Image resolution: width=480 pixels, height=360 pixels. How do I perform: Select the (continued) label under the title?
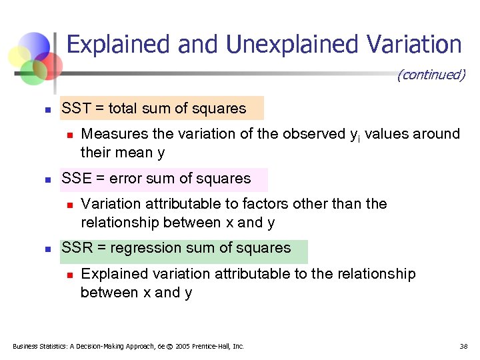pyautogui.click(x=431, y=75)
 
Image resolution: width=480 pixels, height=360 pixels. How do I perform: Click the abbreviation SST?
pyautogui.click(x=76, y=108)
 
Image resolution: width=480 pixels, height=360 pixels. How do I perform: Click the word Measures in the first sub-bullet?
pyautogui.click(x=109, y=134)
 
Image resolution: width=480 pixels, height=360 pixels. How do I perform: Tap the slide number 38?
pyautogui.click(x=463, y=346)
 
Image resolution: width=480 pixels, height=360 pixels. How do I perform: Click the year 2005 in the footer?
pyautogui.click(x=184, y=346)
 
